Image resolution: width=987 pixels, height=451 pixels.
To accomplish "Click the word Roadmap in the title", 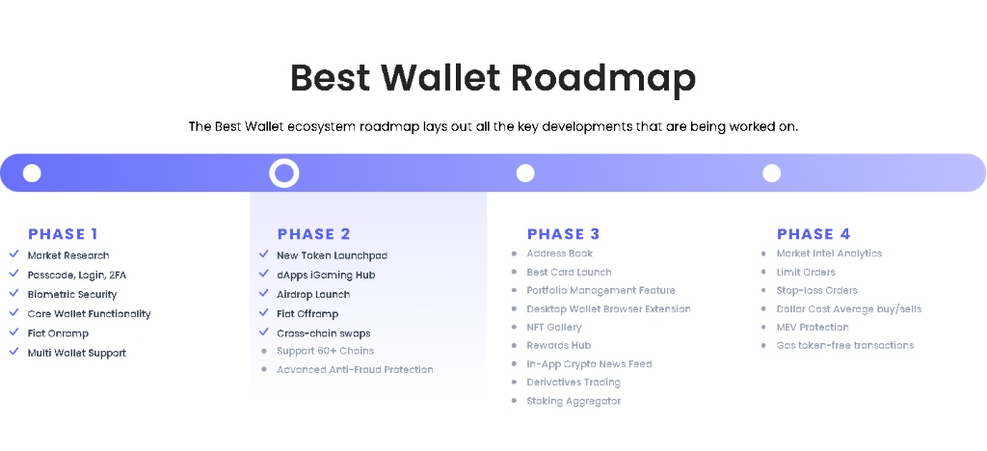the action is click(602, 78).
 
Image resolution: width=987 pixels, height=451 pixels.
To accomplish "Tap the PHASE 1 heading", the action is click(63, 234).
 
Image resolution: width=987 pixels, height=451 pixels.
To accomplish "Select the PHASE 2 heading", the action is click(314, 234).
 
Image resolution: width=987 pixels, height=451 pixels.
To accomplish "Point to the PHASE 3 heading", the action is click(563, 234).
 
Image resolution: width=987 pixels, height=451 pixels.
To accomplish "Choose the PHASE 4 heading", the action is click(814, 234).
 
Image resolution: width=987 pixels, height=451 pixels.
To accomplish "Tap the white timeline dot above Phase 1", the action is click(32, 172).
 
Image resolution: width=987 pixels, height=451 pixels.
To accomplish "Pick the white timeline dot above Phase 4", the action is click(771, 172).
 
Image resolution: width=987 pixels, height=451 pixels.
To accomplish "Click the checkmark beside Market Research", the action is click(13, 254).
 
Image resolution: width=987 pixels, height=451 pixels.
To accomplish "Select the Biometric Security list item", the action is click(71, 294).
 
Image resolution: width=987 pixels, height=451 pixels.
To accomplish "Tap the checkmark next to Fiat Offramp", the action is click(263, 312).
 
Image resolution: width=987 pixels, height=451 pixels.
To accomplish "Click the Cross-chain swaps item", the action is click(324, 333).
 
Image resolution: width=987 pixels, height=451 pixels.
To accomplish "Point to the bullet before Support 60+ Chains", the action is click(264, 352).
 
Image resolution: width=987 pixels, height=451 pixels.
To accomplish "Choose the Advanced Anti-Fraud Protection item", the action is click(355, 370).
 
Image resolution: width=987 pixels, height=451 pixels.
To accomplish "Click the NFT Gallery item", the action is click(554, 327).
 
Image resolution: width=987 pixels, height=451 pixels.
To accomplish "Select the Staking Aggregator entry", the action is click(574, 401).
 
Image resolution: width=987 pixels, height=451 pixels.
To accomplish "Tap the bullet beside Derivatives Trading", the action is click(514, 383).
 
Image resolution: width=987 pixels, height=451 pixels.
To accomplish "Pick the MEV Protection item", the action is click(813, 327).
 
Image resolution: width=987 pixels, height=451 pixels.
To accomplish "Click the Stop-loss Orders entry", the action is click(817, 291).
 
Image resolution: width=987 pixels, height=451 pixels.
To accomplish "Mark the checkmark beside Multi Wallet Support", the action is click(13, 352).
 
